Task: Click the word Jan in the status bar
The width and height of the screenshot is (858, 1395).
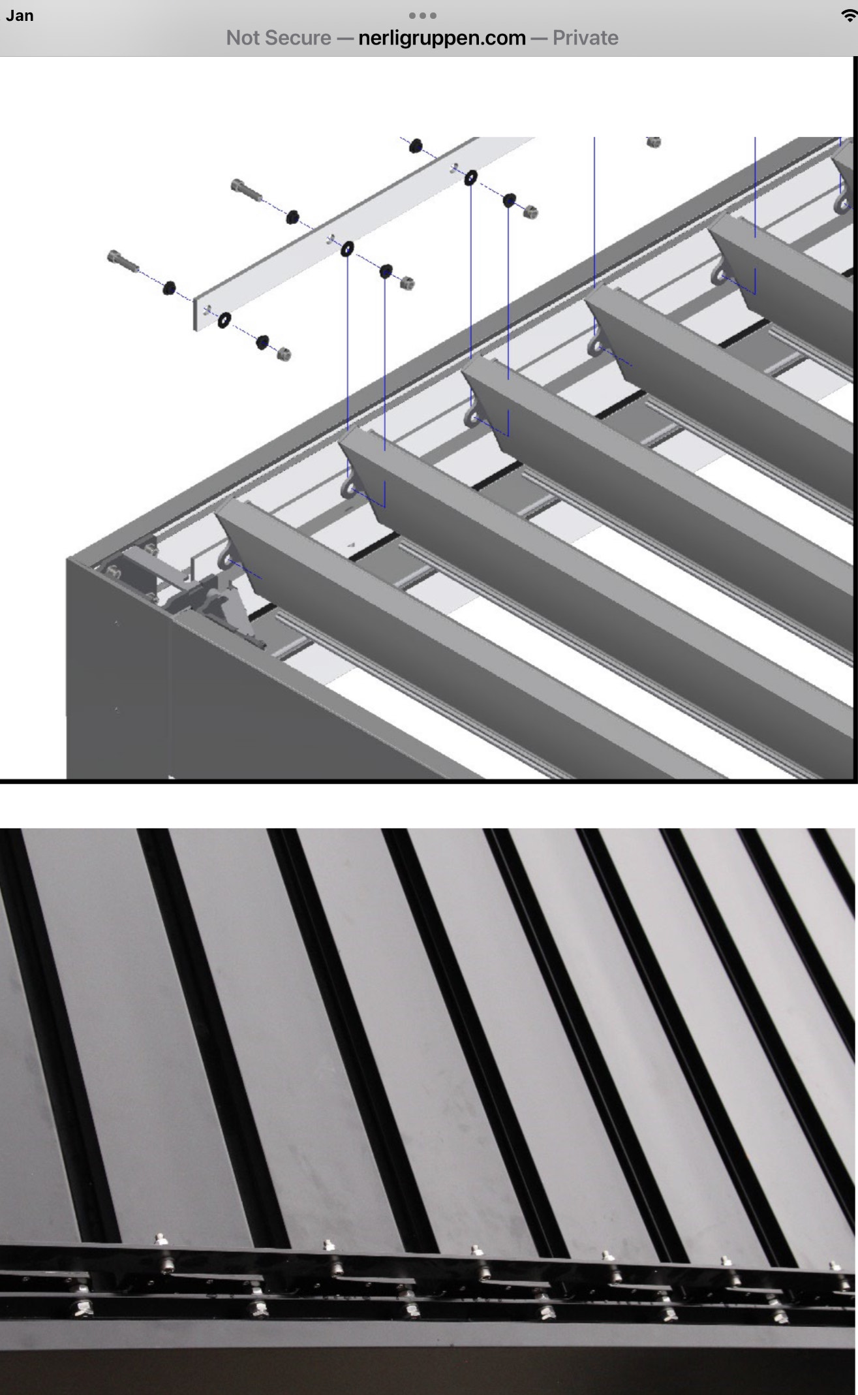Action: point(20,16)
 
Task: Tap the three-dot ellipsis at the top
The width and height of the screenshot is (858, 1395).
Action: point(422,15)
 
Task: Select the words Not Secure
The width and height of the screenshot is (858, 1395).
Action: point(279,38)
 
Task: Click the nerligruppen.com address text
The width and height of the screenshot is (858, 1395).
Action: point(442,38)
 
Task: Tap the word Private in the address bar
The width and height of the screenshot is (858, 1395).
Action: point(585,38)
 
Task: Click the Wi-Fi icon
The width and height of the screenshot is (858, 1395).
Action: point(849,16)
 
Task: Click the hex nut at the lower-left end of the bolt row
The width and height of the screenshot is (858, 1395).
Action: point(284,354)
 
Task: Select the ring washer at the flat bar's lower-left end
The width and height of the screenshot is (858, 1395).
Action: point(224,320)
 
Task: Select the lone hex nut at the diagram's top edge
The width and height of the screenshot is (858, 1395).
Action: point(653,142)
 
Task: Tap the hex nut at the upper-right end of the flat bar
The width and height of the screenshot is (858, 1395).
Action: point(530,211)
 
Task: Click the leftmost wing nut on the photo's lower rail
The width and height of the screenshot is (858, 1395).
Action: point(84,1308)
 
